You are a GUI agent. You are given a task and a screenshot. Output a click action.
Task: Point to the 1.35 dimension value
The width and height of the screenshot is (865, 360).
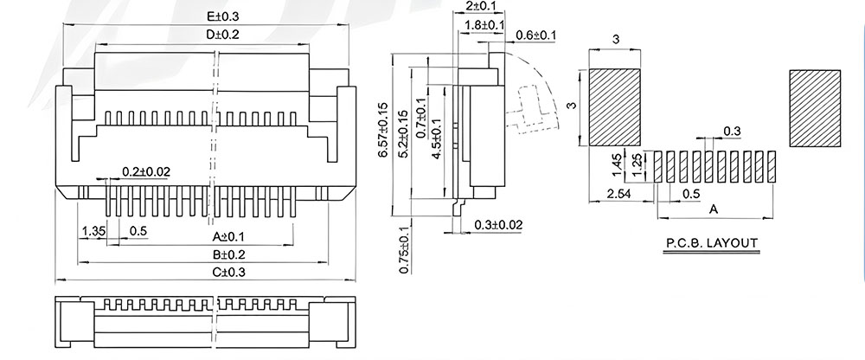92,231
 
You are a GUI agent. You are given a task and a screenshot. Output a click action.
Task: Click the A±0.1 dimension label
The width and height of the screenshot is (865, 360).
228,237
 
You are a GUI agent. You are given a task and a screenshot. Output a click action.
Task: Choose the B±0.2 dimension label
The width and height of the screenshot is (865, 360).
228,254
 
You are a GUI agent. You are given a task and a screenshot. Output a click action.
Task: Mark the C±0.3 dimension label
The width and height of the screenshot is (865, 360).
228,273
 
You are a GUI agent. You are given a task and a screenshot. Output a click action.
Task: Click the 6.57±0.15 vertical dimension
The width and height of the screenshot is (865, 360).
383,131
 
